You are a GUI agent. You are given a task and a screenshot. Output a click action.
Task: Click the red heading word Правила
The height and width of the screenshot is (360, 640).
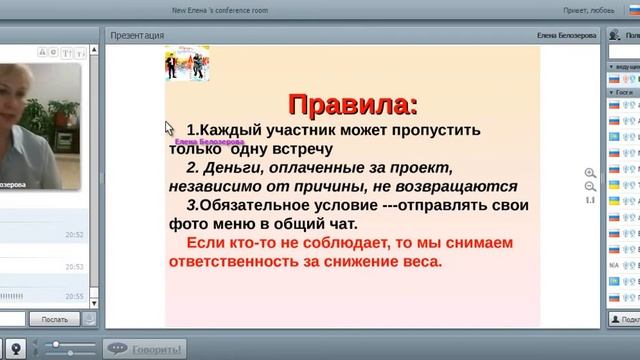point(351,104)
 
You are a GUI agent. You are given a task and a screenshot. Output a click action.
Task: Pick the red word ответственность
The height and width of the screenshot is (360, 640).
point(259,263)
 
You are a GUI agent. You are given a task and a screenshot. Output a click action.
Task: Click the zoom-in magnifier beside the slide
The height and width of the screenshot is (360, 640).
point(590,173)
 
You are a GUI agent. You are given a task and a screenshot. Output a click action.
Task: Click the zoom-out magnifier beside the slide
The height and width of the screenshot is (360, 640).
point(590,187)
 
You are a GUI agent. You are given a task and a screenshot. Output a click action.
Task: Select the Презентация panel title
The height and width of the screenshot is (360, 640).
point(137,35)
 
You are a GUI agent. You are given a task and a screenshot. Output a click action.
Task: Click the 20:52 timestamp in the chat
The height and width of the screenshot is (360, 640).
point(74,235)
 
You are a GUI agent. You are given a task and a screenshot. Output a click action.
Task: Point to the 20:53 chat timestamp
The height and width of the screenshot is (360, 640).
point(74,267)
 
